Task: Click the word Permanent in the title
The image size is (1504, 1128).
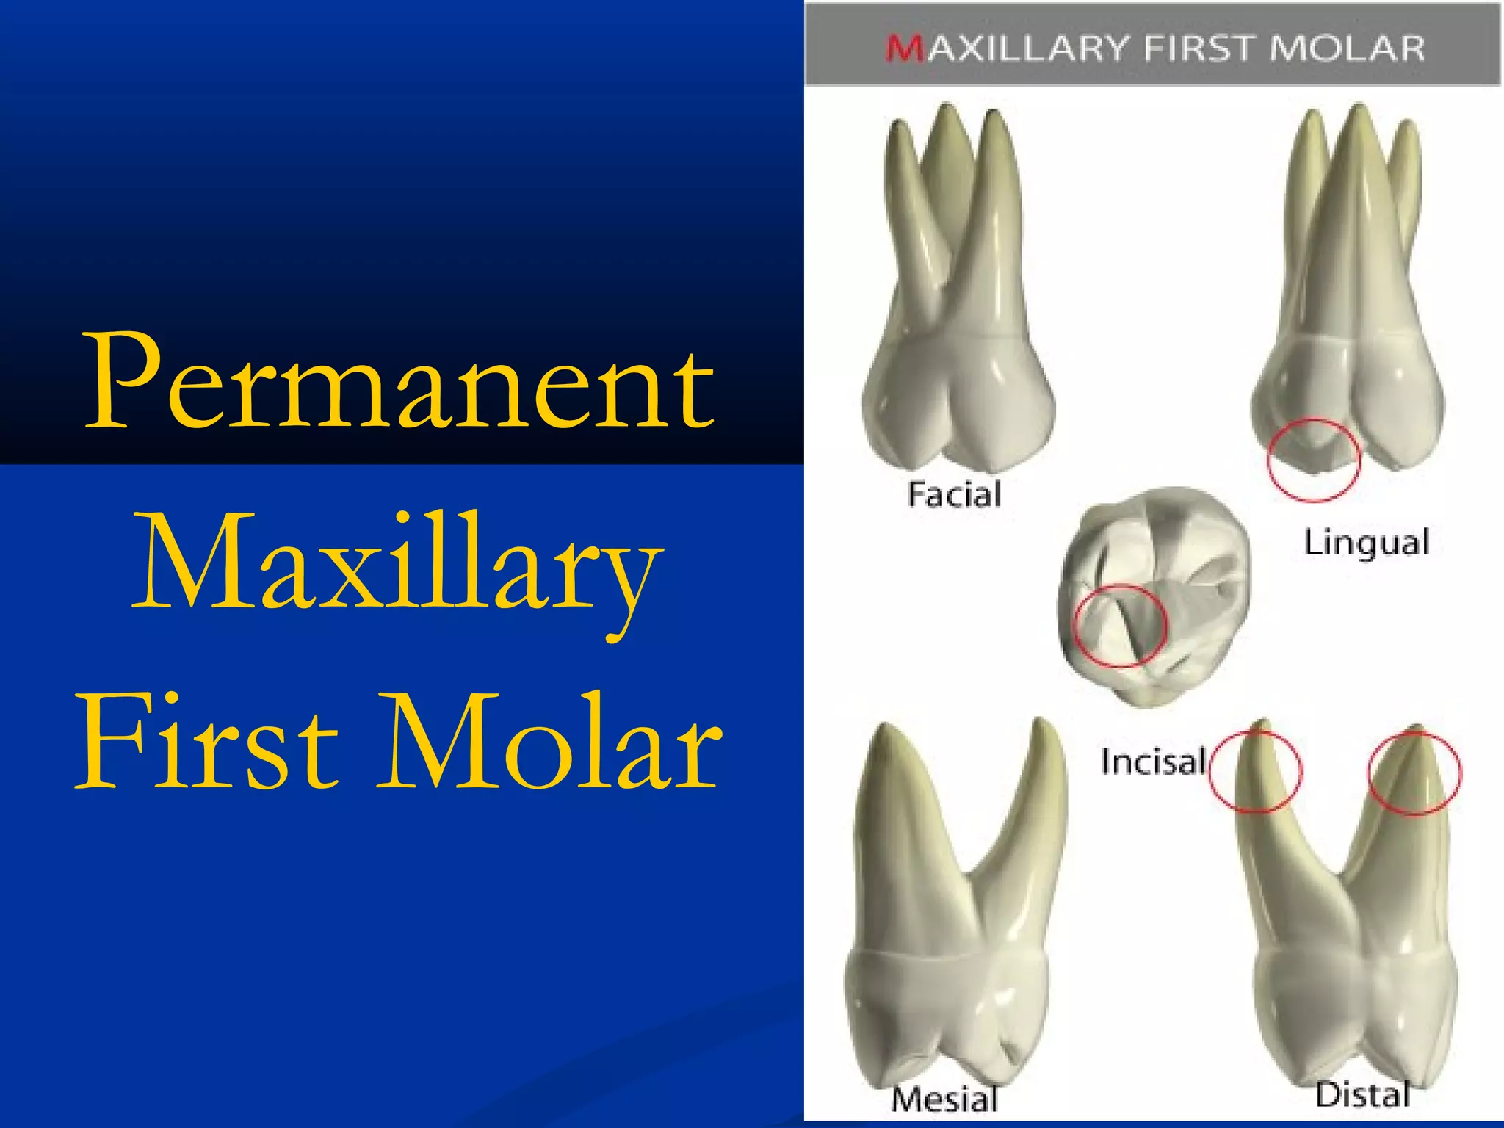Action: (400, 382)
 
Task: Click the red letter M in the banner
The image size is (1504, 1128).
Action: (905, 49)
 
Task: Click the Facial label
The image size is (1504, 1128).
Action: (954, 494)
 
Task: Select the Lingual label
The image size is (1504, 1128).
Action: (1366, 543)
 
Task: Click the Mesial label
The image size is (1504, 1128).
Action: (944, 1099)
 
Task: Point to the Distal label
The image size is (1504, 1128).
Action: (1363, 1094)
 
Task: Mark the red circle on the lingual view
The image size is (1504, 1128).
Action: (1314, 460)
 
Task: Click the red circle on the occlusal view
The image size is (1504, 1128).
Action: (1119, 626)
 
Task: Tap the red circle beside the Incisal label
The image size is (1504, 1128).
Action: (1255, 771)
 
